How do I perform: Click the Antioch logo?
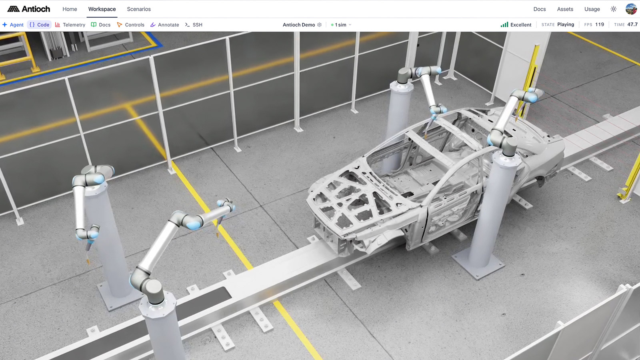tap(28, 9)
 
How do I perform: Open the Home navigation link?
tap(70, 9)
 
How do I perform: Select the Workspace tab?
tap(102, 9)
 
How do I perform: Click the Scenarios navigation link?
tap(139, 9)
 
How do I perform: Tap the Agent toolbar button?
tap(13, 25)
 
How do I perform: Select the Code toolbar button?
tap(40, 25)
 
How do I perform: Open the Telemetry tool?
tap(70, 25)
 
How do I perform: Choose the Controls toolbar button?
tap(130, 25)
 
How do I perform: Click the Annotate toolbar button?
tap(164, 25)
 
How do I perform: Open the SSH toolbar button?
tap(194, 25)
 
